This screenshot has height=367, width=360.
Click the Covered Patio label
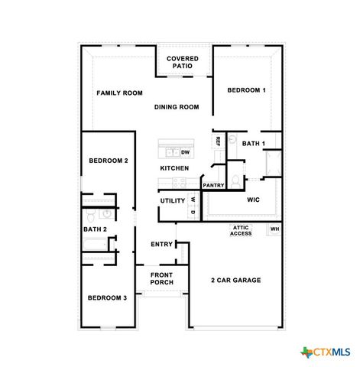(183, 62)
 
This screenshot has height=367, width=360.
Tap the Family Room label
(119, 93)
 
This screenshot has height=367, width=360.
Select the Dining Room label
(176, 107)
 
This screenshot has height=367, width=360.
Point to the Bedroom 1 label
(246, 91)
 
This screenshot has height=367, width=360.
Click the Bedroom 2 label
(108, 161)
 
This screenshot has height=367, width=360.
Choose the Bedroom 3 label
(107, 297)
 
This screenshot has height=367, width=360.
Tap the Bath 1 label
(253, 144)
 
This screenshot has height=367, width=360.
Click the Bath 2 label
(95, 229)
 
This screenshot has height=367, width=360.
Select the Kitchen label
(174, 168)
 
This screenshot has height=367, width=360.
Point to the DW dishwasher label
(185, 152)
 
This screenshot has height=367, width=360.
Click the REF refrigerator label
(218, 141)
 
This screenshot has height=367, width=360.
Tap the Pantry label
(213, 185)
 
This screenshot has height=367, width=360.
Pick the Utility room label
(173, 201)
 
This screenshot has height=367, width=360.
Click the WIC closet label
(253, 200)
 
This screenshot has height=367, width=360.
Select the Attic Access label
(241, 230)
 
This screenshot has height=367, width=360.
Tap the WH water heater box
(274, 229)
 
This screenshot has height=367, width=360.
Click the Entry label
(161, 245)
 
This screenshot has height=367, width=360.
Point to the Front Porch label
(161, 278)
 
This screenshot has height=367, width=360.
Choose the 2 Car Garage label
(235, 281)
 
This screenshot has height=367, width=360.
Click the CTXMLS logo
(326, 352)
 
